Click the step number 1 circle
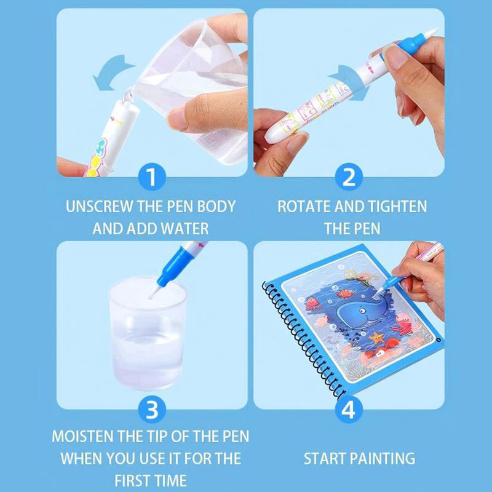152,178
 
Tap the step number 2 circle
349,178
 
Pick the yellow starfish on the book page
375,338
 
